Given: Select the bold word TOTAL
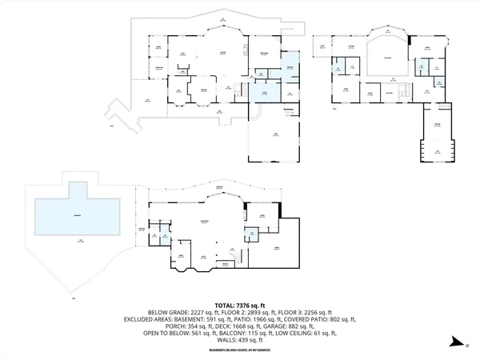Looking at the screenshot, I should [222, 305].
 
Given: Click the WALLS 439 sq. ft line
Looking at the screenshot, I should [239, 341].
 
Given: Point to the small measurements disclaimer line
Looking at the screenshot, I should [239, 350].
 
